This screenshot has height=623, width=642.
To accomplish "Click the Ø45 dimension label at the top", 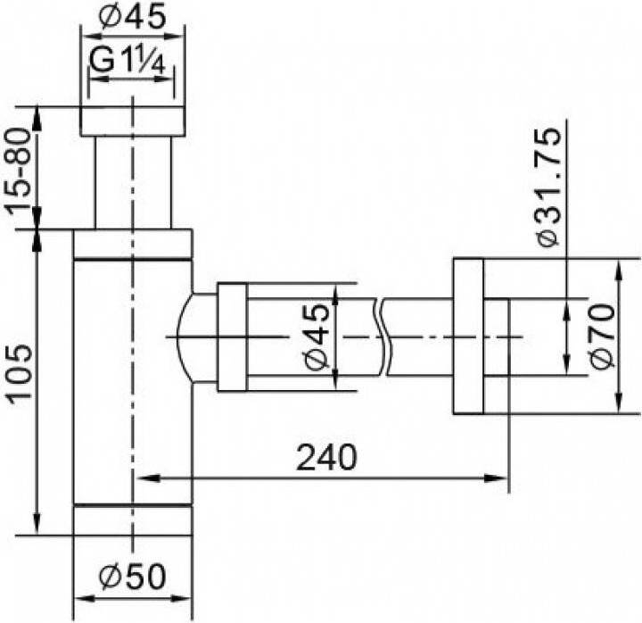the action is point(132,17).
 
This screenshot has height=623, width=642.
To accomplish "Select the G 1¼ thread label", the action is point(128,61).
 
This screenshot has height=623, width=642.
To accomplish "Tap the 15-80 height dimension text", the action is point(20,169).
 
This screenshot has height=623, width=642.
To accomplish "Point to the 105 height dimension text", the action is point(20,371).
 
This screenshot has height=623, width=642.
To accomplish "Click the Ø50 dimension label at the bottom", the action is point(132,576).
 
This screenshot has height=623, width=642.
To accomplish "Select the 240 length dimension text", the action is point(326,457).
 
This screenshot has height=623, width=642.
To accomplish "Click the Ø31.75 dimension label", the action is point(548,187).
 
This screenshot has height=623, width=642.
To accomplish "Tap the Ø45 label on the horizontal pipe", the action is point(317,336).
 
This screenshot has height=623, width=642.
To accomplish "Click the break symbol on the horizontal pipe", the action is point(383,336).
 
